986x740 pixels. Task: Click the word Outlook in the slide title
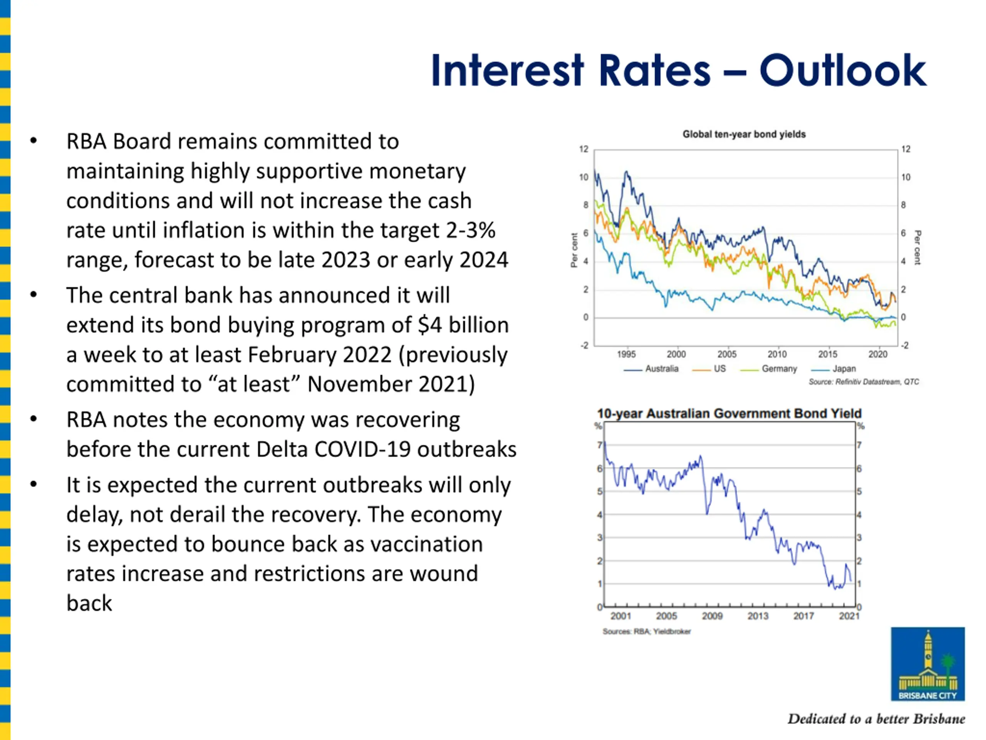point(842,71)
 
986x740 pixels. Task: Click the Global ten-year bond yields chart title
point(744,134)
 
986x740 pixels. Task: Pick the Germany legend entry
point(768,369)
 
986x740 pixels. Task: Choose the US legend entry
point(709,369)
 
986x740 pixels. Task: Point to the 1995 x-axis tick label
point(626,354)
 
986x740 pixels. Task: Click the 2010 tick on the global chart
point(777,354)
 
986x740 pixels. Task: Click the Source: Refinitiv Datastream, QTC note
point(864,382)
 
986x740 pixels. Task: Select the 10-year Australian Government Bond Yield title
point(729,414)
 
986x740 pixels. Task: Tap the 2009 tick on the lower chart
point(712,616)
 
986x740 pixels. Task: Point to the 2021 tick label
point(849,616)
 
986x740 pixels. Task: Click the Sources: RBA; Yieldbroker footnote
point(647,631)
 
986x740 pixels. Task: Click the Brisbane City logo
point(927,664)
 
